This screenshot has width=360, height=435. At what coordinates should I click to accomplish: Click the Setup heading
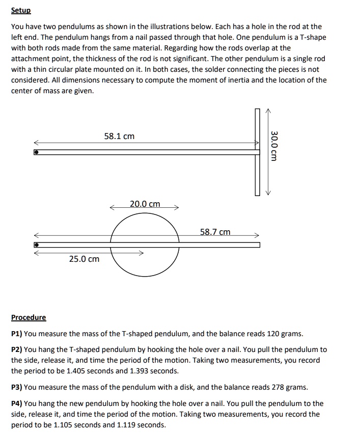coord(21,11)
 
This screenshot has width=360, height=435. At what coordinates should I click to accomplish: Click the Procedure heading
coord(29,317)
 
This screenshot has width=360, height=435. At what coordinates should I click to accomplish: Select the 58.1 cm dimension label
coord(119,136)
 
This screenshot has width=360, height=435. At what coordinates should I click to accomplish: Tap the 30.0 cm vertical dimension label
coord(274,146)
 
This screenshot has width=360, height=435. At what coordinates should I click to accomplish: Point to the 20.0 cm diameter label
coord(145,204)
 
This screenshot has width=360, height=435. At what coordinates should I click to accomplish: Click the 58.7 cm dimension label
coord(215,232)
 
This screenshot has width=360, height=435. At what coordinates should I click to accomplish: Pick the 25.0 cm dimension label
coord(85,259)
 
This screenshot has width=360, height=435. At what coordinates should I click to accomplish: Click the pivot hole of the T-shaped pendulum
coord(36,152)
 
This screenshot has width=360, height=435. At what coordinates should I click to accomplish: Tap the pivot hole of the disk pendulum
coord(36,245)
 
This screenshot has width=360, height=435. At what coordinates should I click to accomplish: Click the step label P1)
coord(17,334)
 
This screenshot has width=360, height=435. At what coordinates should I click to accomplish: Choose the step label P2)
coord(17,350)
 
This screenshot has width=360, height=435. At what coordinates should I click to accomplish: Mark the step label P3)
coord(17,387)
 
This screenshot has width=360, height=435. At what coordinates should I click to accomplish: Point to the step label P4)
coord(17,403)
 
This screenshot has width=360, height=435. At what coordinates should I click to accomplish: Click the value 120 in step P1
coord(273,334)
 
